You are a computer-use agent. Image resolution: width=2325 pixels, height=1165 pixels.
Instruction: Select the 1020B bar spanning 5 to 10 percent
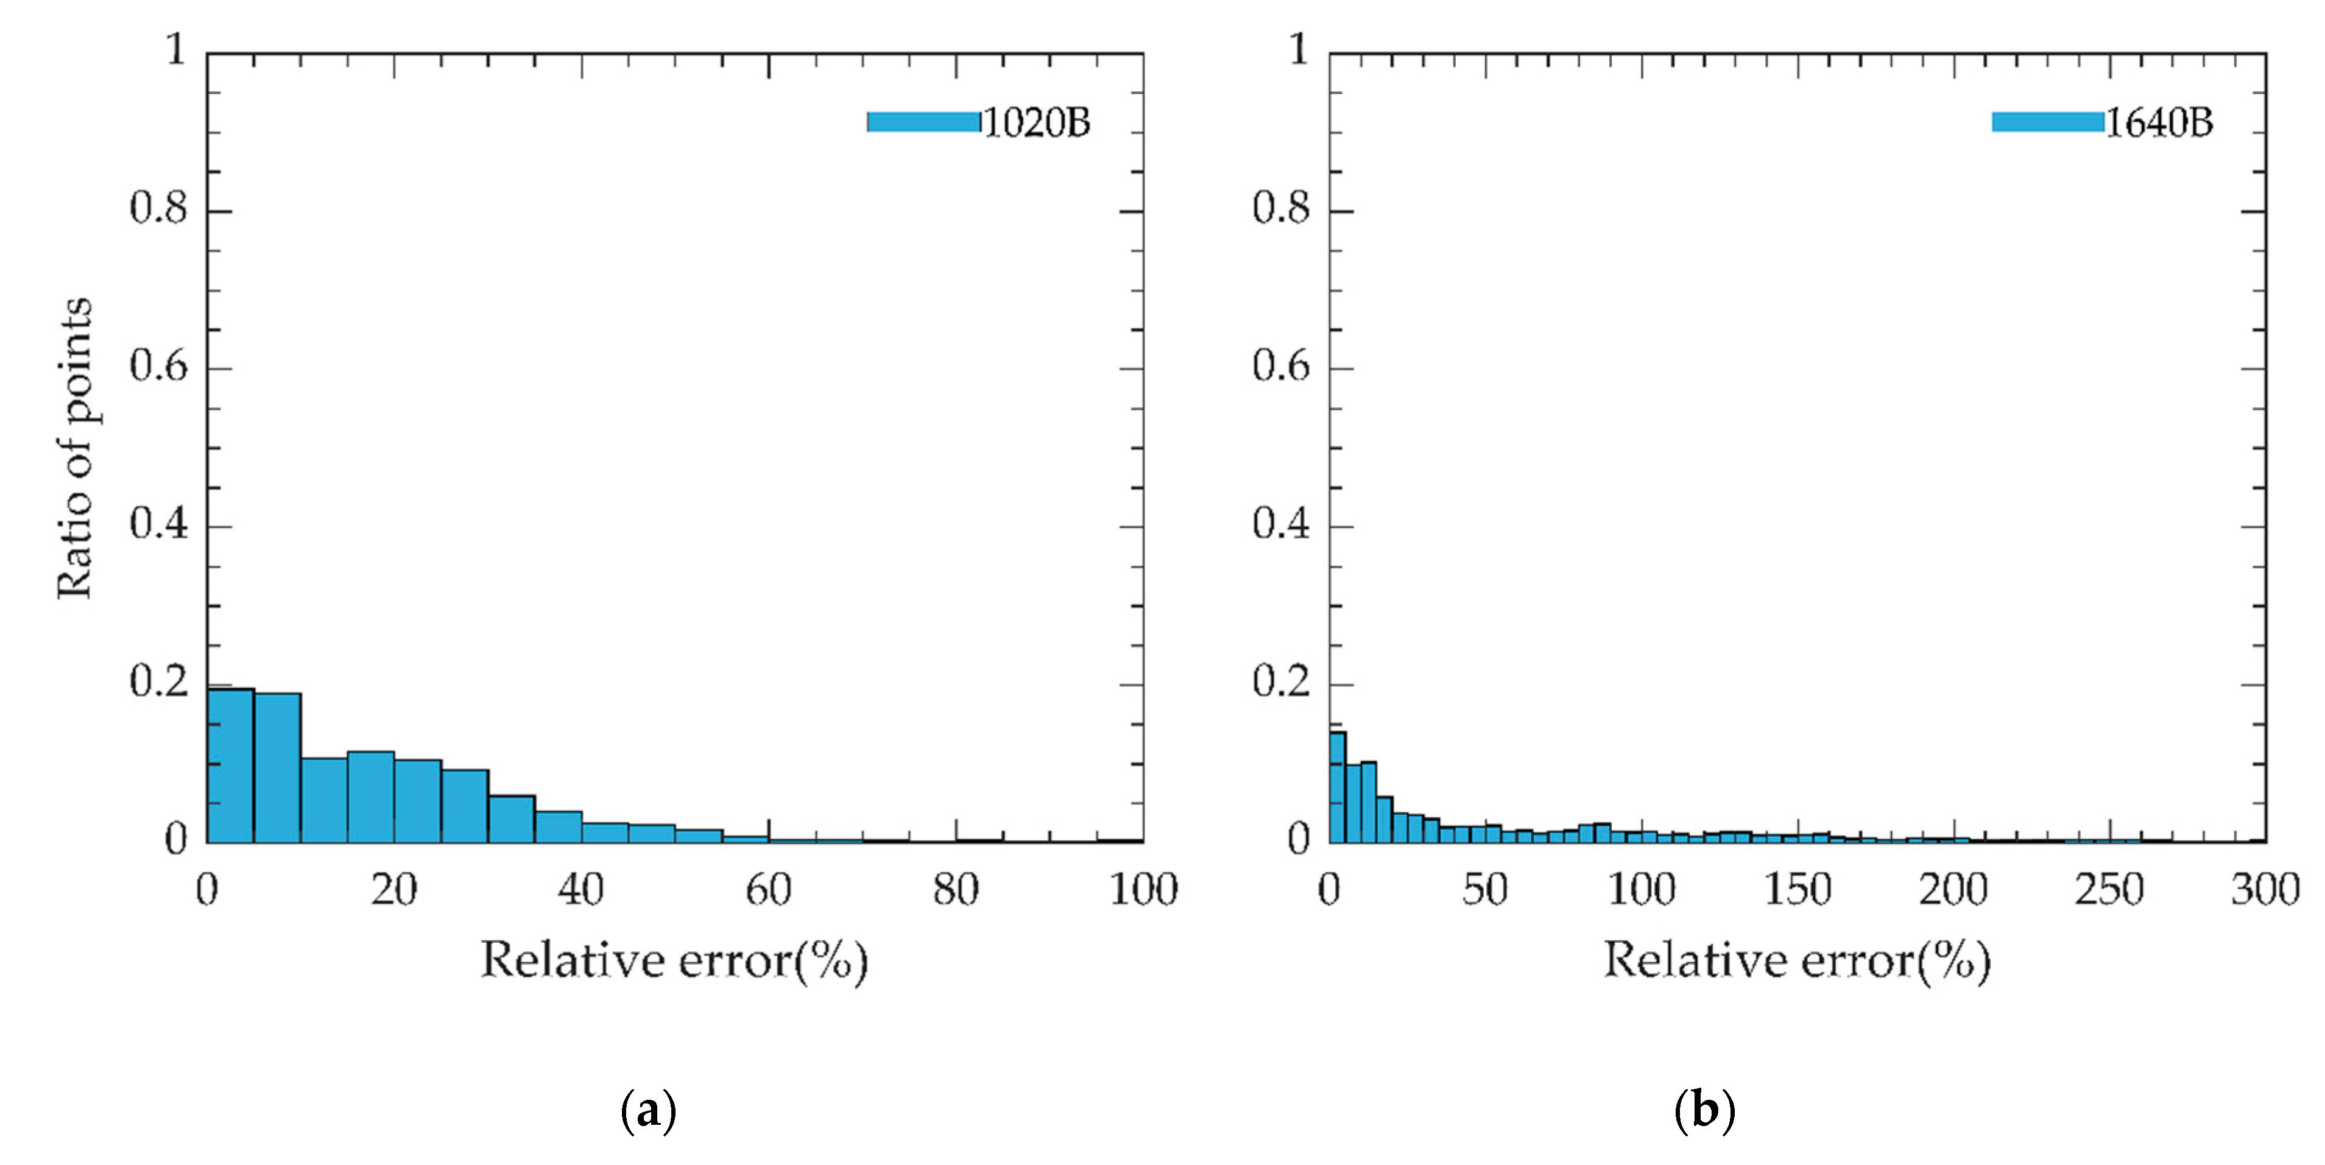(x=277, y=768)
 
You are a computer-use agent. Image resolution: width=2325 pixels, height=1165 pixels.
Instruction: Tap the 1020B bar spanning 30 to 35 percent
(x=512, y=818)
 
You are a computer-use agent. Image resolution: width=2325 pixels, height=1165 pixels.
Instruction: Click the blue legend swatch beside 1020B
(x=922, y=122)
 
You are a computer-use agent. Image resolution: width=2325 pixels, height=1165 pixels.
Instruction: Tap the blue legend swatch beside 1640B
(x=2047, y=122)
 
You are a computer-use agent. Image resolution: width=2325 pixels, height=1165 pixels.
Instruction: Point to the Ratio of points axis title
(x=74, y=448)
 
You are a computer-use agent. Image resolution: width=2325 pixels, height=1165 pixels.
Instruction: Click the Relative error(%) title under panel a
(x=673, y=960)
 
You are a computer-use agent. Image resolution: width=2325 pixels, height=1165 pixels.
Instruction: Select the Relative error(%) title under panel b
(x=1796, y=960)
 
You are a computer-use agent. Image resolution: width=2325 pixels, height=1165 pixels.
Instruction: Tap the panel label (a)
(x=648, y=1111)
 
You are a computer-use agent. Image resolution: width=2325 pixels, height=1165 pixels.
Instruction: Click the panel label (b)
(x=1704, y=1111)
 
